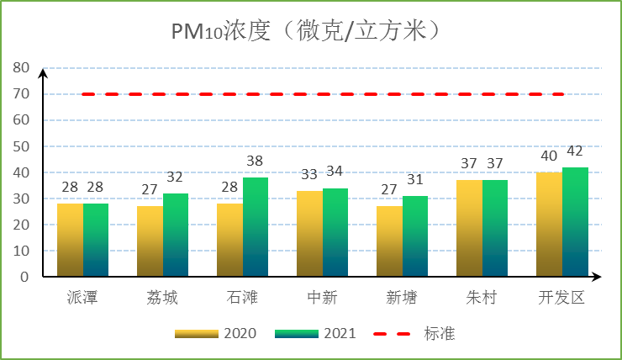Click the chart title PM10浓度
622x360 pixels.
pyautogui.click(x=308, y=31)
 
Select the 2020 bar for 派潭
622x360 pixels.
pyautogui.click(x=70, y=240)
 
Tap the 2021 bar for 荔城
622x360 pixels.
pyautogui.click(x=176, y=235)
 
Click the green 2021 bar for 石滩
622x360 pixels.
pyautogui.click(x=256, y=227)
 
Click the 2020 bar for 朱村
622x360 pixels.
pyautogui.click(x=469, y=228)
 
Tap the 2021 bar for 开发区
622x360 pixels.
pyautogui.click(x=575, y=222)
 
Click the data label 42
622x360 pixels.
pyautogui.click(x=575, y=151)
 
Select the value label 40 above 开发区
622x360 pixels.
pyautogui.click(x=549, y=156)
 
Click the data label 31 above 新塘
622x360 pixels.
pyautogui.click(x=415, y=179)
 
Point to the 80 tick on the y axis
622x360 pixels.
pyautogui.click(x=21, y=68)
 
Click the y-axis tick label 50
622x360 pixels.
pyautogui.click(x=21, y=146)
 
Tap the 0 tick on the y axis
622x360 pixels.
pyautogui.click(x=24, y=277)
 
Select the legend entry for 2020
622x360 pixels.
pyautogui.click(x=215, y=333)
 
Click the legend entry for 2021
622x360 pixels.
pyautogui.click(x=315, y=333)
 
